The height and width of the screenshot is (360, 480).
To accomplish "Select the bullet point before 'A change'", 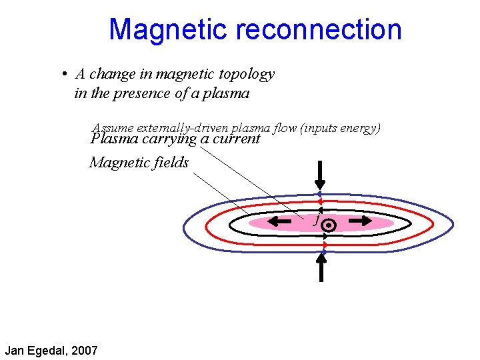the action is [x=61, y=74].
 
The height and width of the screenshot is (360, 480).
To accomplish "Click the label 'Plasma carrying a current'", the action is [x=175, y=139].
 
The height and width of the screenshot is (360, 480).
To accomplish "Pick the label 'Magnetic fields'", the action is [x=139, y=162].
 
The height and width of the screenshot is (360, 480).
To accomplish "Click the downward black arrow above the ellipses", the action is [x=320, y=175].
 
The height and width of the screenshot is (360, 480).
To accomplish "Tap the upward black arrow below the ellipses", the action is [x=321, y=267].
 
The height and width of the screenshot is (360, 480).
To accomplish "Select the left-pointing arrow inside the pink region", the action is [x=283, y=219].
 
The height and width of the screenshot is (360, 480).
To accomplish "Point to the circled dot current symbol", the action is [x=328, y=226].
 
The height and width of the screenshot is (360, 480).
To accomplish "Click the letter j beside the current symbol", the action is [x=317, y=219].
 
